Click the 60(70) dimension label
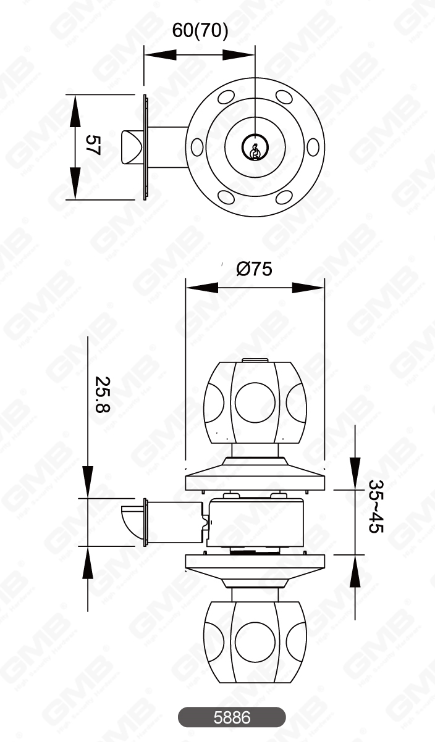(200, 30)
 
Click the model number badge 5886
(232, 717)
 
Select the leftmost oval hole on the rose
(197, 147)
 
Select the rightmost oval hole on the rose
(313, 147)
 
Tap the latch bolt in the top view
(132, 147)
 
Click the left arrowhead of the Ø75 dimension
(201, 288)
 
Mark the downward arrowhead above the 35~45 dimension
(355, 472)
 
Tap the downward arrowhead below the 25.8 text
(88, 481)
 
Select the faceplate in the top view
(145, 147)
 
